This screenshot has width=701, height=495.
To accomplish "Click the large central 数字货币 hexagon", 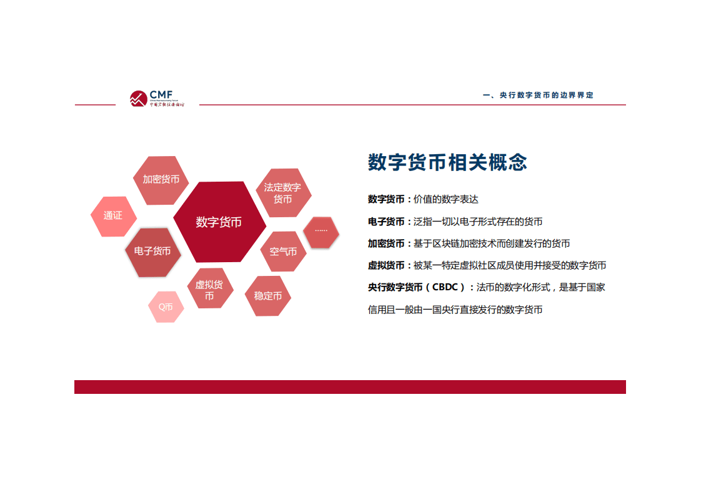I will tap(219, 222).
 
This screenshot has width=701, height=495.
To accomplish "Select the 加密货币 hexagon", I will tap(161, 180).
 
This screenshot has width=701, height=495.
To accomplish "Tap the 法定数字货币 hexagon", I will tap(282, 193).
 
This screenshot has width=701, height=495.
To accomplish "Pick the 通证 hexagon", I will tap(113, 216).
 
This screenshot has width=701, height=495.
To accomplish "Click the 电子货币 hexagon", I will tap(152, 251).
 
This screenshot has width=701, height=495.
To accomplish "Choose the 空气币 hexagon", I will tap(283, 252).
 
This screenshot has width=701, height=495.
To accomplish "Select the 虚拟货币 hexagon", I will tap(209, 290).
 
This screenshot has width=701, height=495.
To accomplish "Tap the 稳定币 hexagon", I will tap(267, 296).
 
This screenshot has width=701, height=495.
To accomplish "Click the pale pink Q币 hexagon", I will tap(166, 307).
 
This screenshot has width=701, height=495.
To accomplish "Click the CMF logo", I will tap(156, 98).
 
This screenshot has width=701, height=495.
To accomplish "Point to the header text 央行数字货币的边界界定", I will tap(538, 96).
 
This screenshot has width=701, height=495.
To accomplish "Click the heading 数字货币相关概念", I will tap(447, 162).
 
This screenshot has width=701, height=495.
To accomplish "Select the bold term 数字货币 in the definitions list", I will tap(386, 200).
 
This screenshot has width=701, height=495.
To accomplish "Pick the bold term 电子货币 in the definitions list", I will tap(386, 222).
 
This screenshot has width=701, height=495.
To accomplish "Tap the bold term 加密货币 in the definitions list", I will tap(386, 243).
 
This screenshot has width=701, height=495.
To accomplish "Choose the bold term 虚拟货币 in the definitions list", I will tap(386, 265).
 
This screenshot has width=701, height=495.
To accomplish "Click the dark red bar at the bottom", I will tap(350, 387).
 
